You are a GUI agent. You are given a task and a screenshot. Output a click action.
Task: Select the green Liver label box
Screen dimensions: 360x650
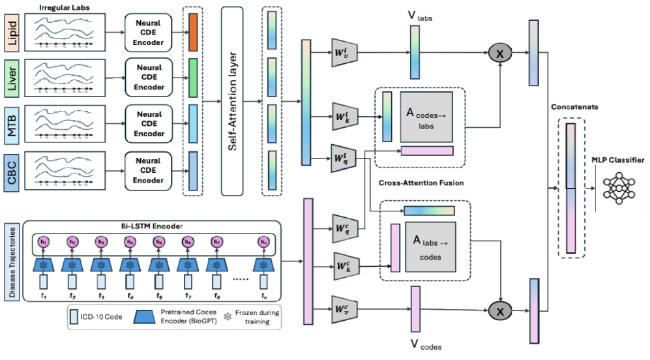tap(11, 76)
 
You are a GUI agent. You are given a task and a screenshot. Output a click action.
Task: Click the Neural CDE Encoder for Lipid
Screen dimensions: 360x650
tap(149, 33)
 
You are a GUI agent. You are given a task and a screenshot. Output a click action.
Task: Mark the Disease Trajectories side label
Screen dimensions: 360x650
tap(11, 259)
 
